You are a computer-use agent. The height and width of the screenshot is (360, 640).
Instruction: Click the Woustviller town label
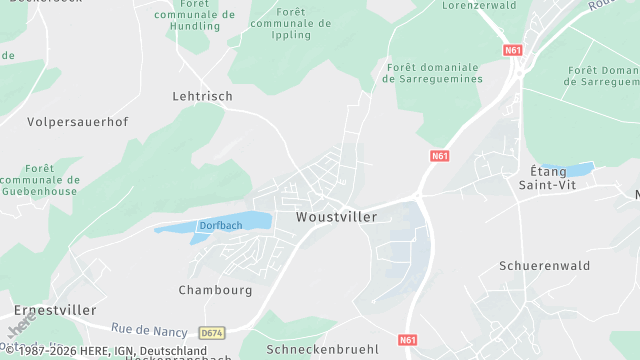[x=336, y=217]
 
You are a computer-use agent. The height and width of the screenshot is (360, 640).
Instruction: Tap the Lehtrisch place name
[x=202, y=96]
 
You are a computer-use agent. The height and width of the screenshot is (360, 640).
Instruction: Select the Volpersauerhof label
[x=78, y=122]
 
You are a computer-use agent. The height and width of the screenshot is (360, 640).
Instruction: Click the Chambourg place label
[x=215, y=290]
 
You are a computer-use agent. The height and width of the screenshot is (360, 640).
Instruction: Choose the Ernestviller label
[x=48, y=311]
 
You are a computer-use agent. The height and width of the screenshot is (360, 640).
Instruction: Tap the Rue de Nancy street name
[x=149, y=328]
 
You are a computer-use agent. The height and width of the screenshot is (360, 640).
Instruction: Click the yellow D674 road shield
[x=211, y=332]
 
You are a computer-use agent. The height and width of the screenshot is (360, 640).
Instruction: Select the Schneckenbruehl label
[x=322, y=349]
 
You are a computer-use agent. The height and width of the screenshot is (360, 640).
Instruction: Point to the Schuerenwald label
[x=544, y=266]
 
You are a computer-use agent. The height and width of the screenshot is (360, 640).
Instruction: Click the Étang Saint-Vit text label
[x=549, y=179]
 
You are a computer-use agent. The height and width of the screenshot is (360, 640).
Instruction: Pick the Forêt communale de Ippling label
[x=291, y=23]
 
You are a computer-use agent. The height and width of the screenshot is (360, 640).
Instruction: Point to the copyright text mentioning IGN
[x=104, y=352]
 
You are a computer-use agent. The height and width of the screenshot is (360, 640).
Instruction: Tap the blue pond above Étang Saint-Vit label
[x=567, y=168]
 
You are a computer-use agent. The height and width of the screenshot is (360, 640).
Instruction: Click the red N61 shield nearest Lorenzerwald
[x=513, y=49]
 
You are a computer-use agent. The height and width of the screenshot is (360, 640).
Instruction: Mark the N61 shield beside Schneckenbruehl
[x=407, y=340]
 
